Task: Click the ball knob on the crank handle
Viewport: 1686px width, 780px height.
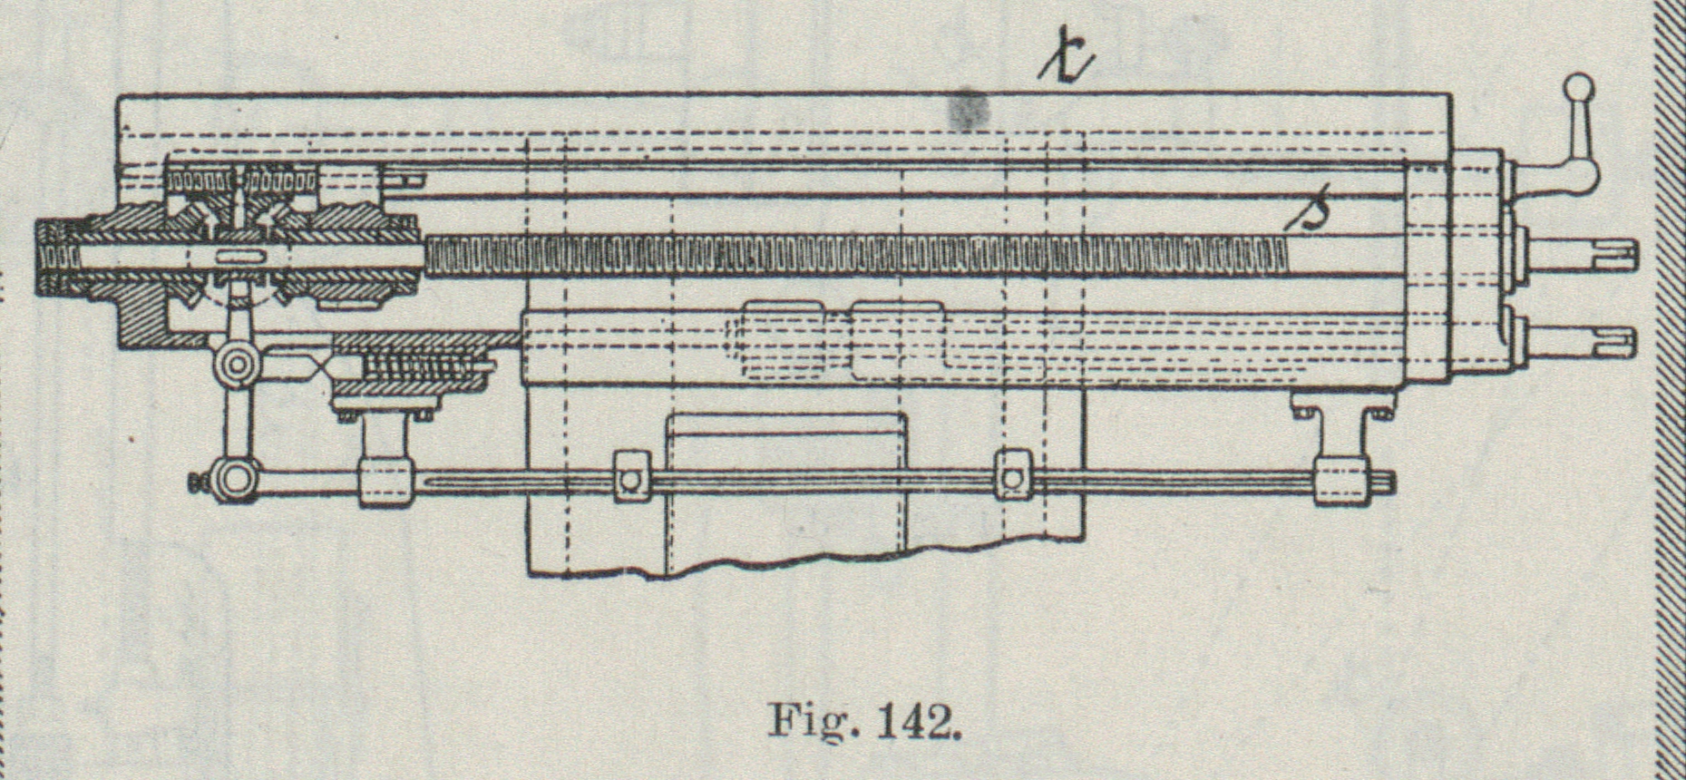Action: [x=1578, y=90]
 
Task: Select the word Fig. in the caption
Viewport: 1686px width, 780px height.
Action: [x=811, y=724]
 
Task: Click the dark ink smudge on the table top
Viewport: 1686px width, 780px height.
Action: [x=969, y=109]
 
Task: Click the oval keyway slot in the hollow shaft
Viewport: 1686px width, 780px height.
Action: [x=234, y=258]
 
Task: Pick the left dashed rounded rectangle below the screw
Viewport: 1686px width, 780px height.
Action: [x=783, y=339]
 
